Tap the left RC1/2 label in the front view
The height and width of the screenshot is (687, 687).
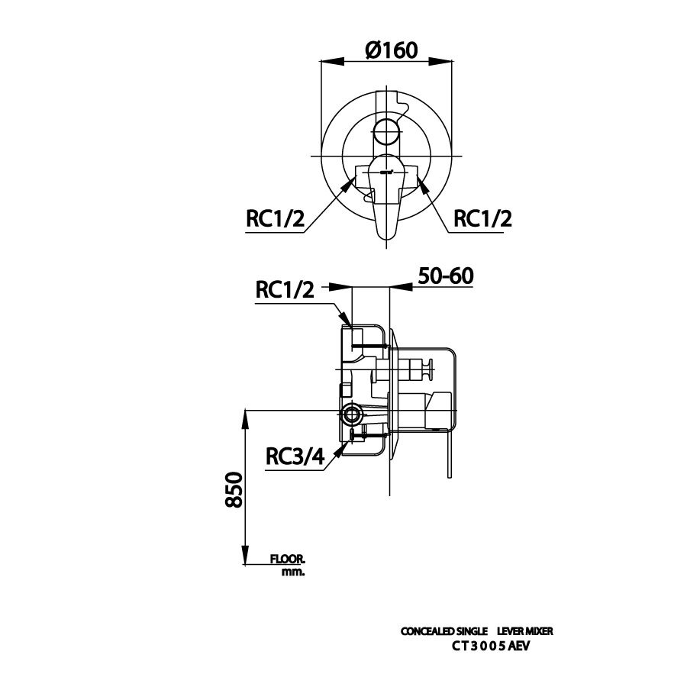275,218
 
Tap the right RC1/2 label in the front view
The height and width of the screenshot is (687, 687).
482,218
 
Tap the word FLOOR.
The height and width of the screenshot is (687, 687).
287,560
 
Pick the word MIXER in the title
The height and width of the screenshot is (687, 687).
538,632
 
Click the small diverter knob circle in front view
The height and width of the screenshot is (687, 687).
387,128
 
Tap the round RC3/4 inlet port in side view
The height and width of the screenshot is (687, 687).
352,415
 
